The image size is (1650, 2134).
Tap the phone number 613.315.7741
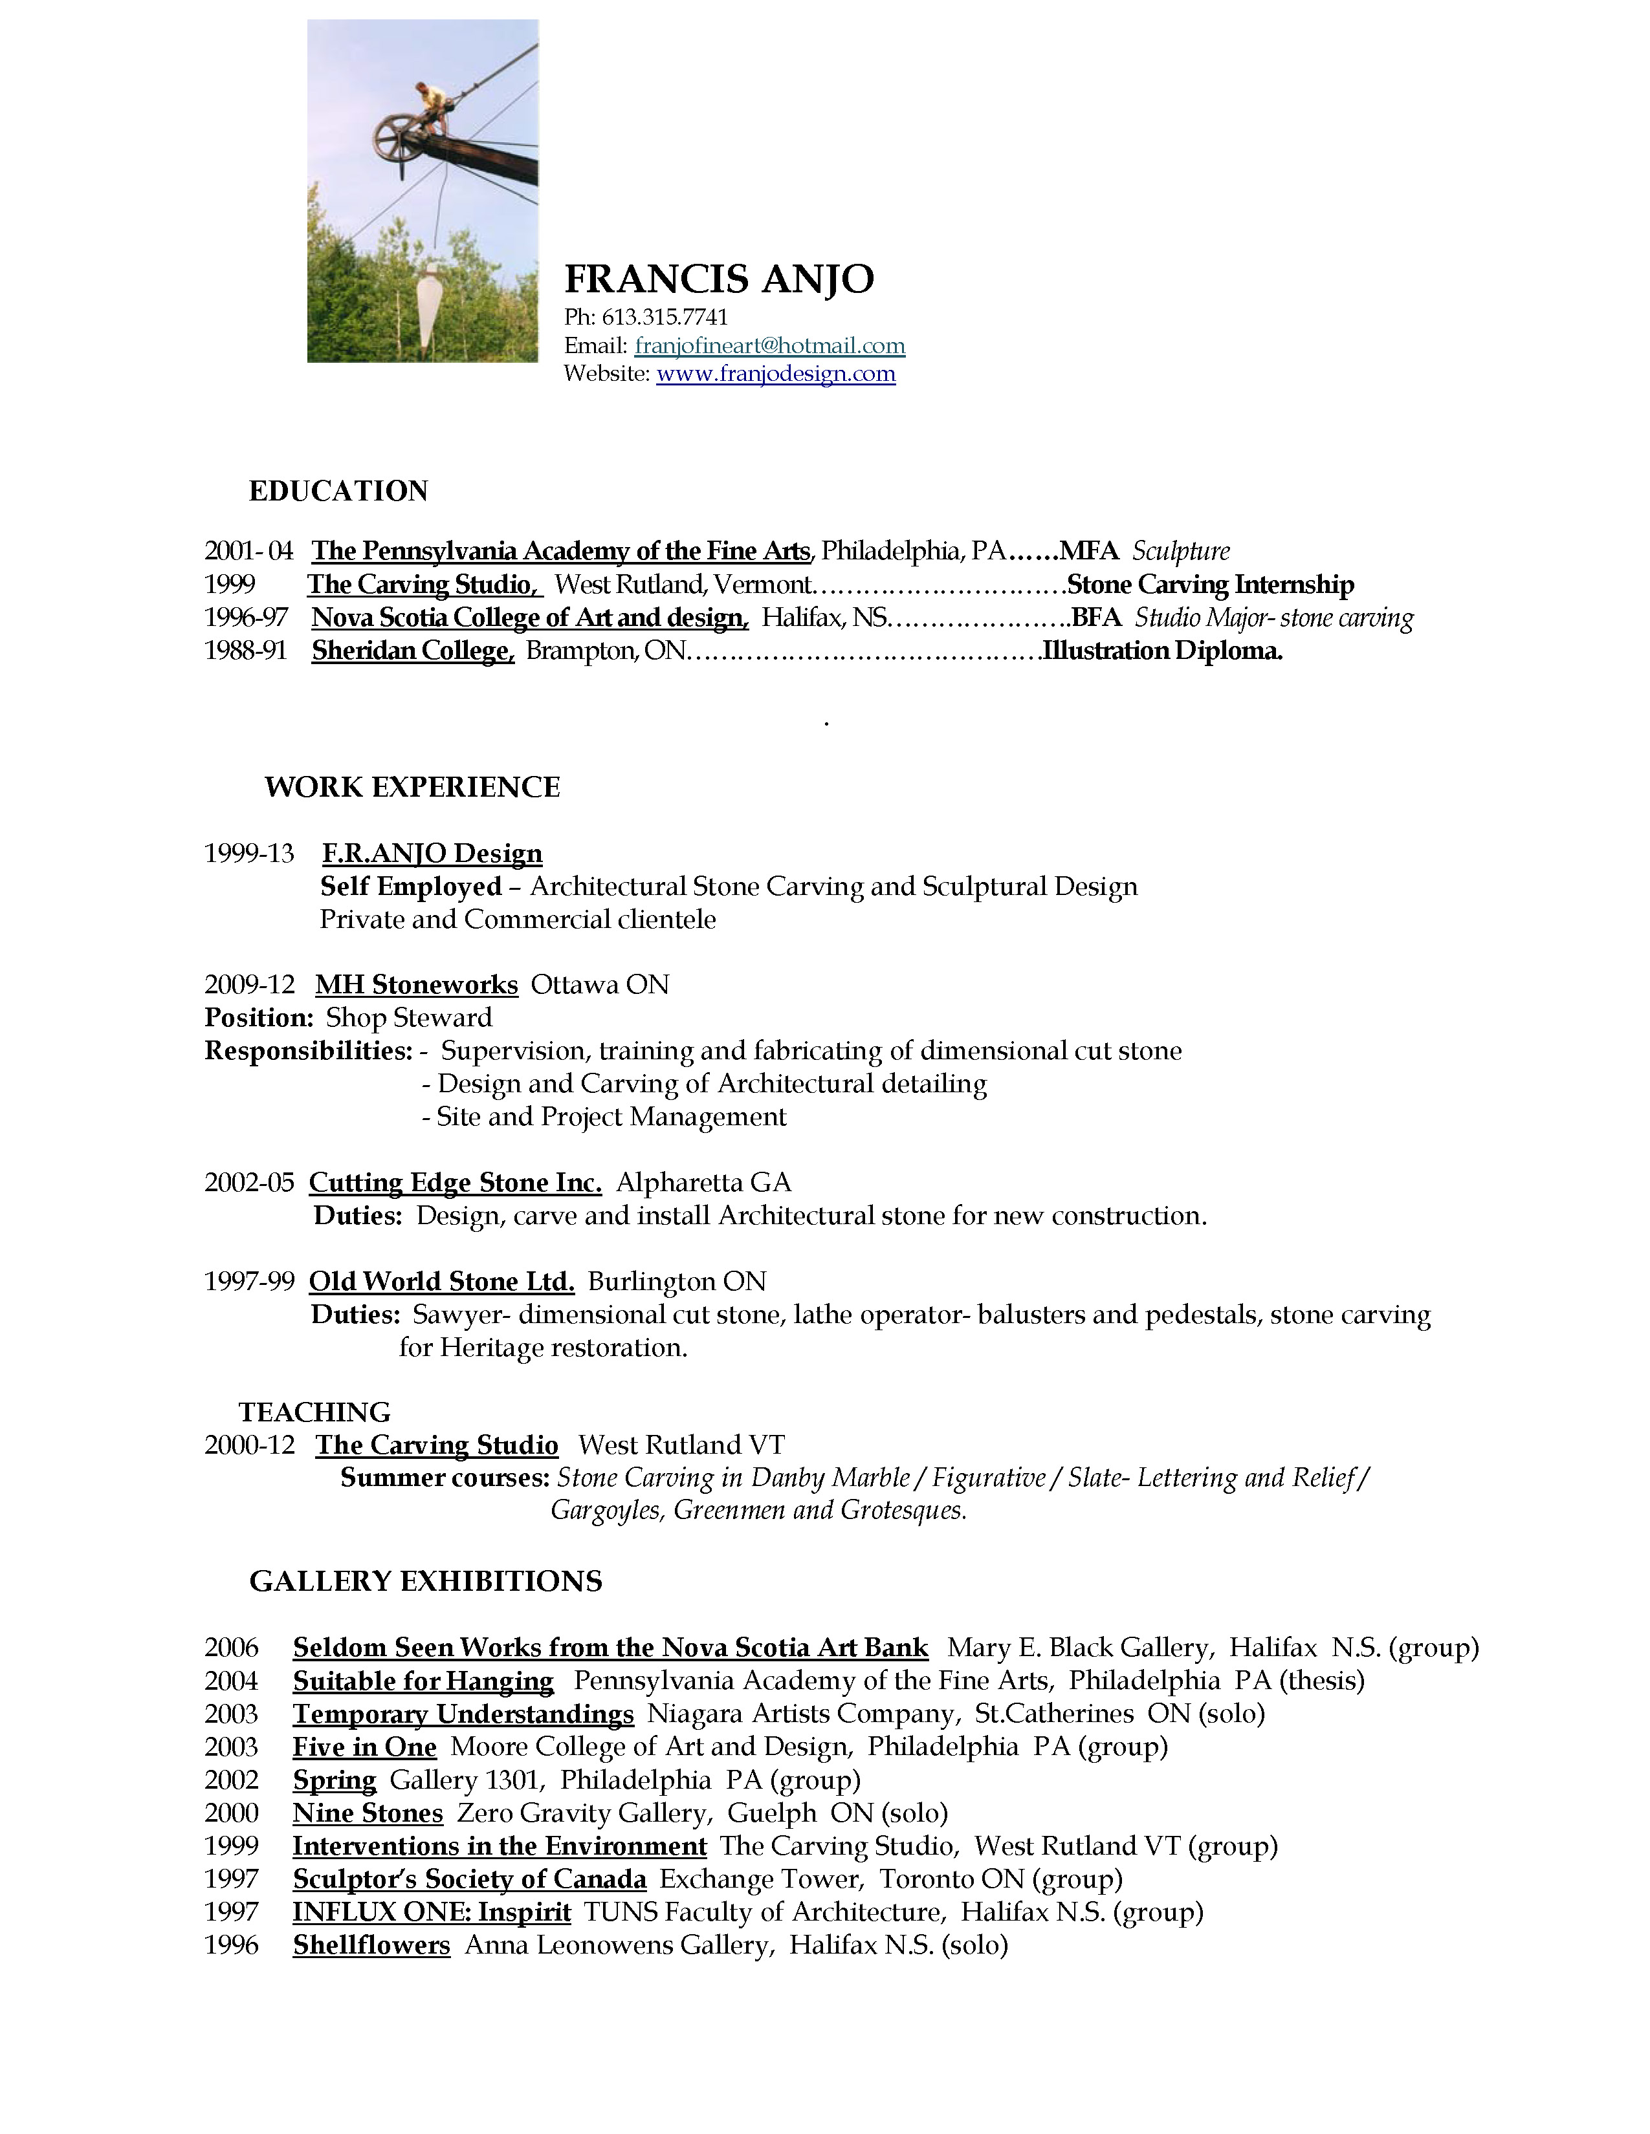(664, 318)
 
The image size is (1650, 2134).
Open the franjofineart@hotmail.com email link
(769, 346)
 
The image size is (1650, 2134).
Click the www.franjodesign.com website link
(775, 374)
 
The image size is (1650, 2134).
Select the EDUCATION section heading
(338, 491)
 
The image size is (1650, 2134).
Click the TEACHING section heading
(314, 1412)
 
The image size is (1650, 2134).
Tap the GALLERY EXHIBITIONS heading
(425, 1581)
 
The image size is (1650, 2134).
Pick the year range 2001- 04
(248, 551)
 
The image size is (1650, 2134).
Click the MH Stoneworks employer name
(417, 985)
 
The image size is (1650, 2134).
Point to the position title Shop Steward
(408, 1018)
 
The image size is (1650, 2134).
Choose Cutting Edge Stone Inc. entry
(454, 1183)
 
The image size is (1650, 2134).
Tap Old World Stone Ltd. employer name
(441, 1282)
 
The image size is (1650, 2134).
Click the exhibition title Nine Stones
(368, 1813)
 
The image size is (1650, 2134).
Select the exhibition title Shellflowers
(371, 1945)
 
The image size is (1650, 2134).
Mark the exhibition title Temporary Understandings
(463, 1714)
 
